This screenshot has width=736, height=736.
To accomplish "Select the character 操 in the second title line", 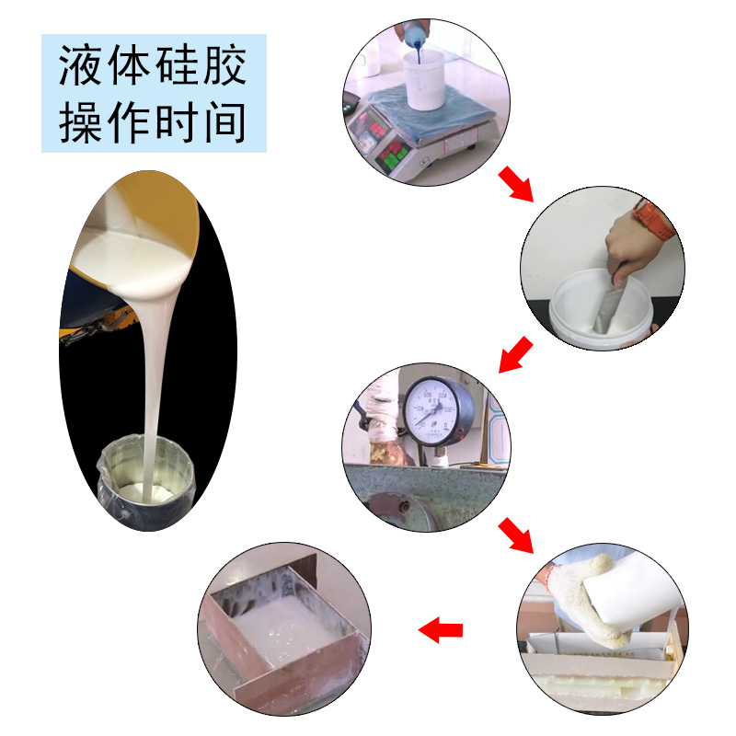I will coord(81,121).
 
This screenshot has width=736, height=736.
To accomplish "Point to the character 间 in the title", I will coord(224,121).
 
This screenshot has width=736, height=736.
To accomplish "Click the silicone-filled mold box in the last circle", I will coord(276,626).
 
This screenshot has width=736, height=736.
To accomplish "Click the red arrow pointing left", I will coord(441,630).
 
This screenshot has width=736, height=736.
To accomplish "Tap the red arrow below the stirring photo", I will coord(515,354).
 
